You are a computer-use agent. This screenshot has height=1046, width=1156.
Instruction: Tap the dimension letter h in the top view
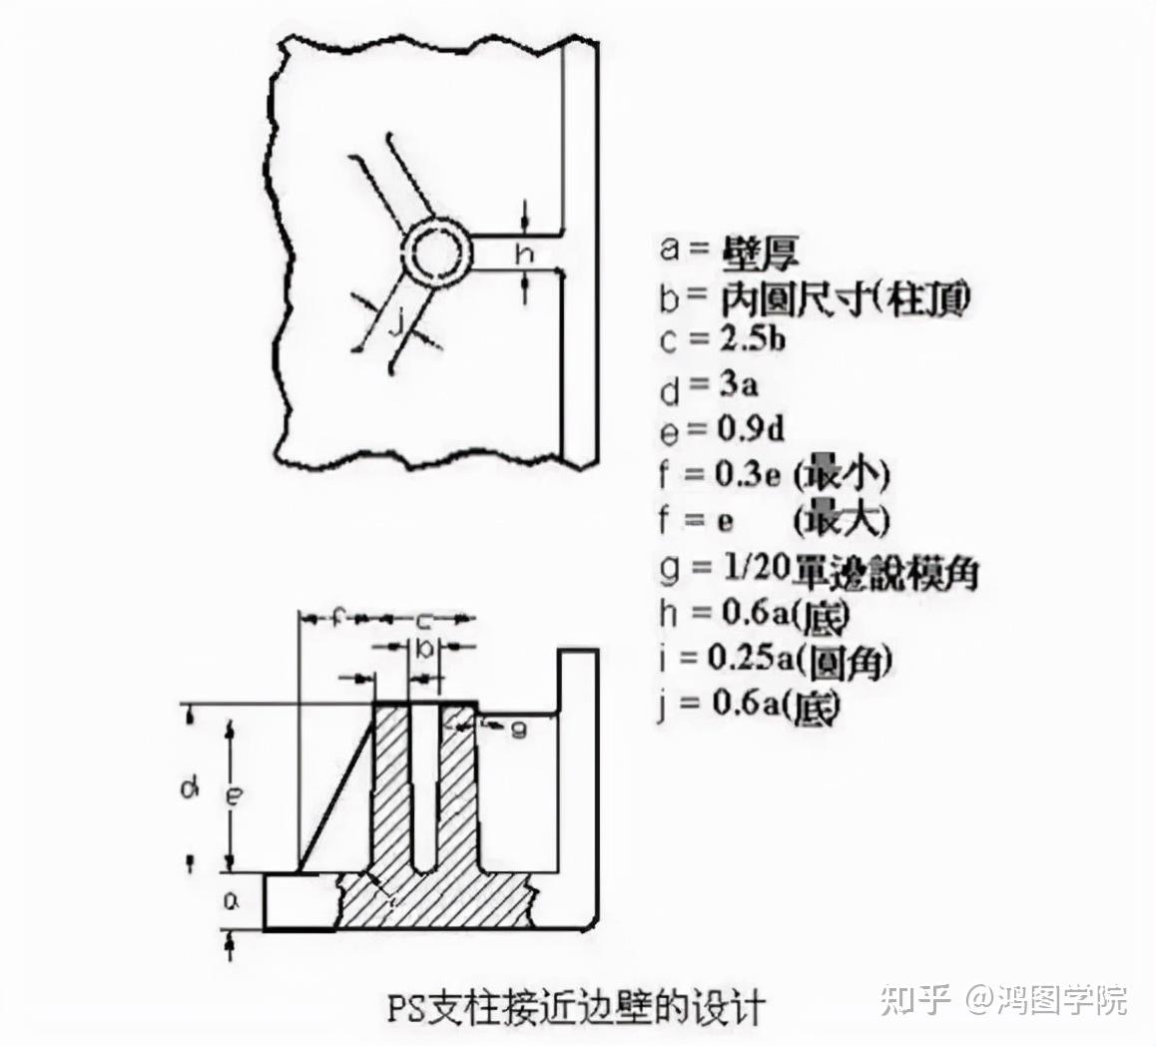522,254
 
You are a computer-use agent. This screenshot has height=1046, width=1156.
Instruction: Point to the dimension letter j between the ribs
396,321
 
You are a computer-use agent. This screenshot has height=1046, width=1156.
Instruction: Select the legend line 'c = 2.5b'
722,339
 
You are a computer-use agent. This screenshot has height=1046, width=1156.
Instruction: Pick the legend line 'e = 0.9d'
721,429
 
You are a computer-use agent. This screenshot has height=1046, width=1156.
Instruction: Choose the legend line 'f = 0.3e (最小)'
774,474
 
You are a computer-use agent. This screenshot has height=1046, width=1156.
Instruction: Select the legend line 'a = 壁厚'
730,250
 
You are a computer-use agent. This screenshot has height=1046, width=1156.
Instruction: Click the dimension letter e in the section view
234,795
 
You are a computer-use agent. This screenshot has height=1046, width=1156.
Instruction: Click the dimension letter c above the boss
423,619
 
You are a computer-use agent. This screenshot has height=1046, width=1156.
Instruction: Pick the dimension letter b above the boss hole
424,649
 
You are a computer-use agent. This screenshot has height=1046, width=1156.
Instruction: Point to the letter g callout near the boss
516,729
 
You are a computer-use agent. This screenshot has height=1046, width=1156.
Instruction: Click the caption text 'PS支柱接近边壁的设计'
576,1005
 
